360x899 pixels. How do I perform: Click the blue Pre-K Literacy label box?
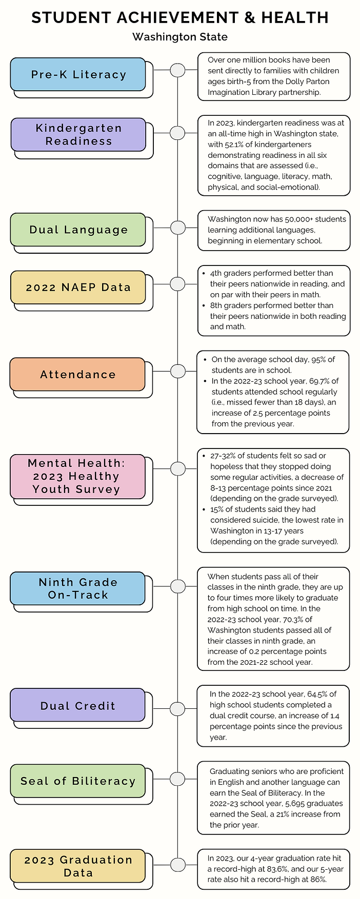coord(78,74)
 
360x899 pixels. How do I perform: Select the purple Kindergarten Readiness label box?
coord(78,134)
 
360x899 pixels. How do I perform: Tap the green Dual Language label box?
coord(78,230)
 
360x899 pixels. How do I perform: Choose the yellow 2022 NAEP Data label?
coord(78,287)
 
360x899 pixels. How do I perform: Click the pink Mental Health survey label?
coord(77,476)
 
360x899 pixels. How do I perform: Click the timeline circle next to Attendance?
coord(177,371)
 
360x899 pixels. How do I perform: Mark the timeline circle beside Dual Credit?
coord(177,709)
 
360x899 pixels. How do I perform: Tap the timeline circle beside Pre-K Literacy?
coord(177,70)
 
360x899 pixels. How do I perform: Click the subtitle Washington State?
coord(179,37)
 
